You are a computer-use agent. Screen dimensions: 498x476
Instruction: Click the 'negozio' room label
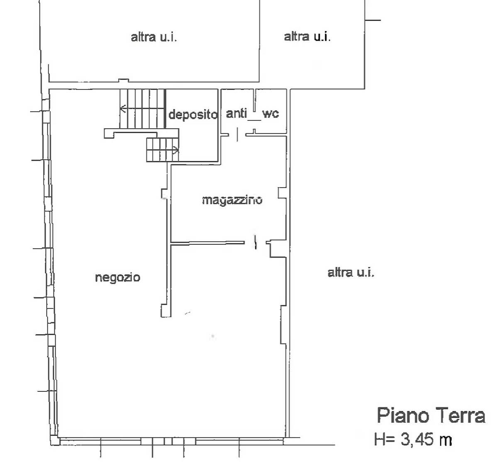(x=117, y=278)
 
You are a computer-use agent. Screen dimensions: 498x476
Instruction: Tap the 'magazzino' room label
(x=232, y=200)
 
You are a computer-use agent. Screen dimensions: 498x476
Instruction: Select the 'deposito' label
(x=193, y=115)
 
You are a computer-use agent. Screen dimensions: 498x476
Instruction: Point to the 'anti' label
(x=236, y=113)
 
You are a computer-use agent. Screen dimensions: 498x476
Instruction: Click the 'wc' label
(x=271, y=114)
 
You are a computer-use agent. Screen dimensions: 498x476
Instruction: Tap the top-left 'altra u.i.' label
(x=154, y=37)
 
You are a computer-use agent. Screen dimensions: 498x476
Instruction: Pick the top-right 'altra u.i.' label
(x=307, y=37)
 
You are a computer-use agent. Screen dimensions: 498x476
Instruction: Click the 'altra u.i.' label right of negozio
(x=351, y=272)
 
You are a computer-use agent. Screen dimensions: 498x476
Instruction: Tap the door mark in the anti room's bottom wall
(x=237, y=134)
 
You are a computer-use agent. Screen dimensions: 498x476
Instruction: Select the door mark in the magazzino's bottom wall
(x=255, y=242)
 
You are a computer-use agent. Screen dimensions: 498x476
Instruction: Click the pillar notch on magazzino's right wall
(x=282, y=193)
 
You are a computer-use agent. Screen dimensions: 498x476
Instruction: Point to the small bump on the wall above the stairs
(x=123, y=81)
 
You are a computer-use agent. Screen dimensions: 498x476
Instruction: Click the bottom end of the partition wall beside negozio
(x=166, y=317)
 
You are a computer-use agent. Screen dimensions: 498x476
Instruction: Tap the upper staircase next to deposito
(x=142, y=108)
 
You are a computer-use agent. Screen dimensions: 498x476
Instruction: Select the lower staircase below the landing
(x=163, y=150)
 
